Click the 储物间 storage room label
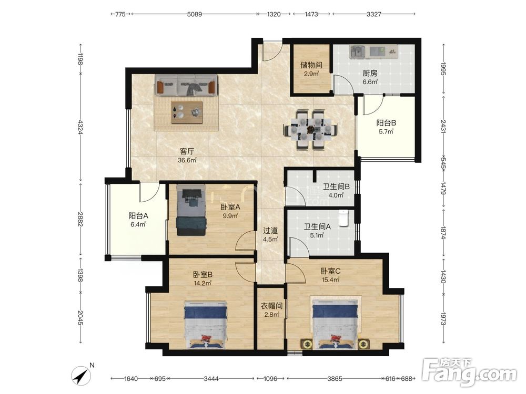311,65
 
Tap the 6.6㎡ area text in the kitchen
370,82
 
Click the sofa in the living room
186,86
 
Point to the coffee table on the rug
187,112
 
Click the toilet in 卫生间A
344,218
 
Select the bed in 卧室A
191,210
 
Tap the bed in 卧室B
205,324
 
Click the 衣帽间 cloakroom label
271,306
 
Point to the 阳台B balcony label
386,123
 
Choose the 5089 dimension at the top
195,14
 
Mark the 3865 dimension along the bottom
335,379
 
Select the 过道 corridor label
270,231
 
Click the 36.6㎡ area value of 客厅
187,160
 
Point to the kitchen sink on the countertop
358,51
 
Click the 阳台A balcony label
138,216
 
